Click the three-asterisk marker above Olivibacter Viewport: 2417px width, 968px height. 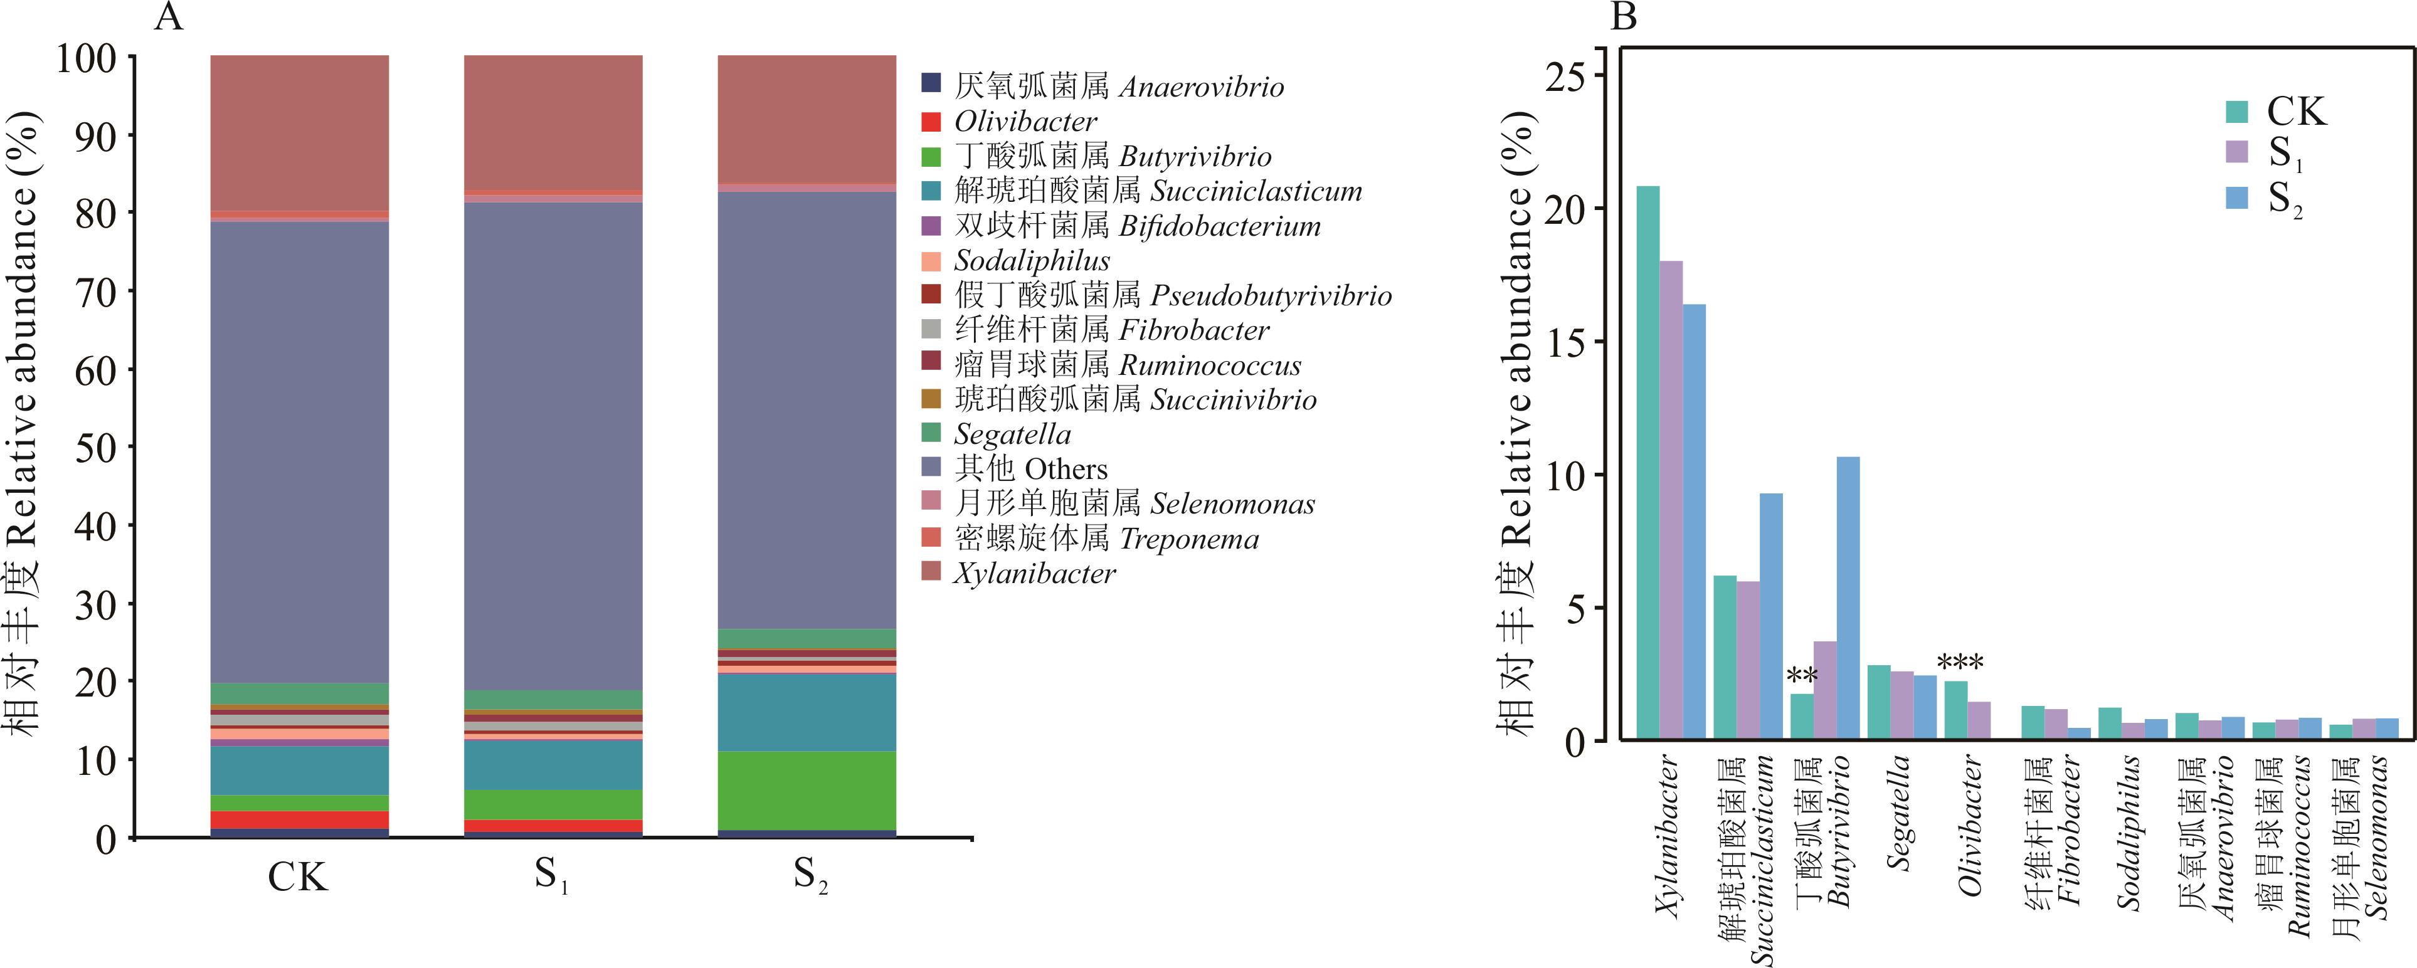tap(1960, 664)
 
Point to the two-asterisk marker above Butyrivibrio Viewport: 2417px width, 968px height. tap(1802, 676)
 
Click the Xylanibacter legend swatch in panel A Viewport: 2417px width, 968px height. tap(931, 571)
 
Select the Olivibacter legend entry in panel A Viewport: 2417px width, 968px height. tap(1025, 122)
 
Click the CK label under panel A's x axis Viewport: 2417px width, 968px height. tap(299, 878)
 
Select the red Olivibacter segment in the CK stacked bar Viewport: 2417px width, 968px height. tap(299, 820)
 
